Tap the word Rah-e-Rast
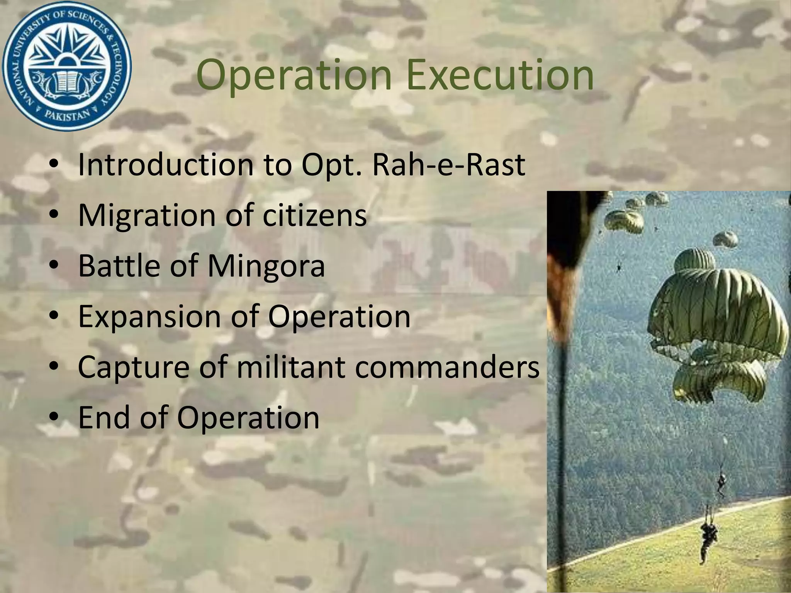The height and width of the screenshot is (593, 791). coord(448,165)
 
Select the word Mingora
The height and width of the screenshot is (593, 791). coord(266,266)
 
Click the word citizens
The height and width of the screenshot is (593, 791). coord(315,215)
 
